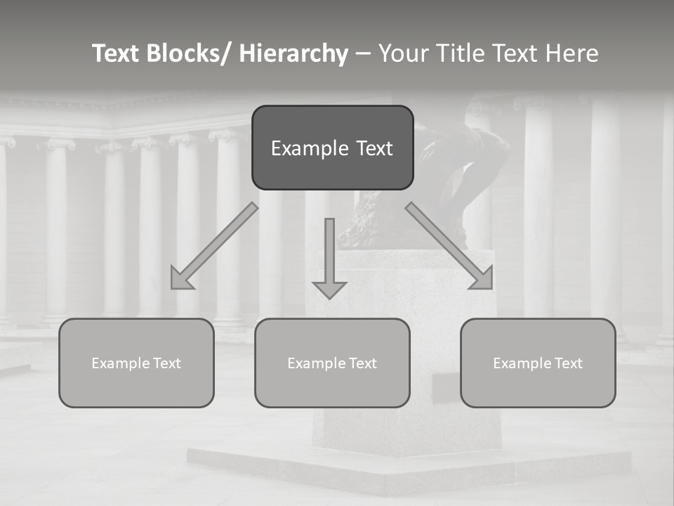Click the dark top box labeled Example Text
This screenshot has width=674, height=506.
(332, 148)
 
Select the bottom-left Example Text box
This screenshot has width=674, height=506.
(136, 363)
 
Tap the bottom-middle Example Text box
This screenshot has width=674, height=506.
(332, 363)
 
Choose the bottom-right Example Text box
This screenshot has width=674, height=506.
(538, 363)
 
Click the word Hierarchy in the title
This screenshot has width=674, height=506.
(293, 53)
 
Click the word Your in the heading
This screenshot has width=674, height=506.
(403, 53)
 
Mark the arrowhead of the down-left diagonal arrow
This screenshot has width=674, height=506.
(180, 280)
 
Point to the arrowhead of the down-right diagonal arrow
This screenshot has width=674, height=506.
(483, 279)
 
